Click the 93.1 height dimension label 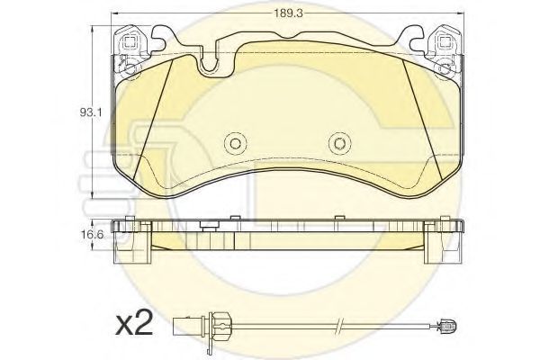[91, 112]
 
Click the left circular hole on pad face [236, 143]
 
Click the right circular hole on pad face [339, 143]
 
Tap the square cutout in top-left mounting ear [130, 43]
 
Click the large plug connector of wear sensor [189, 325]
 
